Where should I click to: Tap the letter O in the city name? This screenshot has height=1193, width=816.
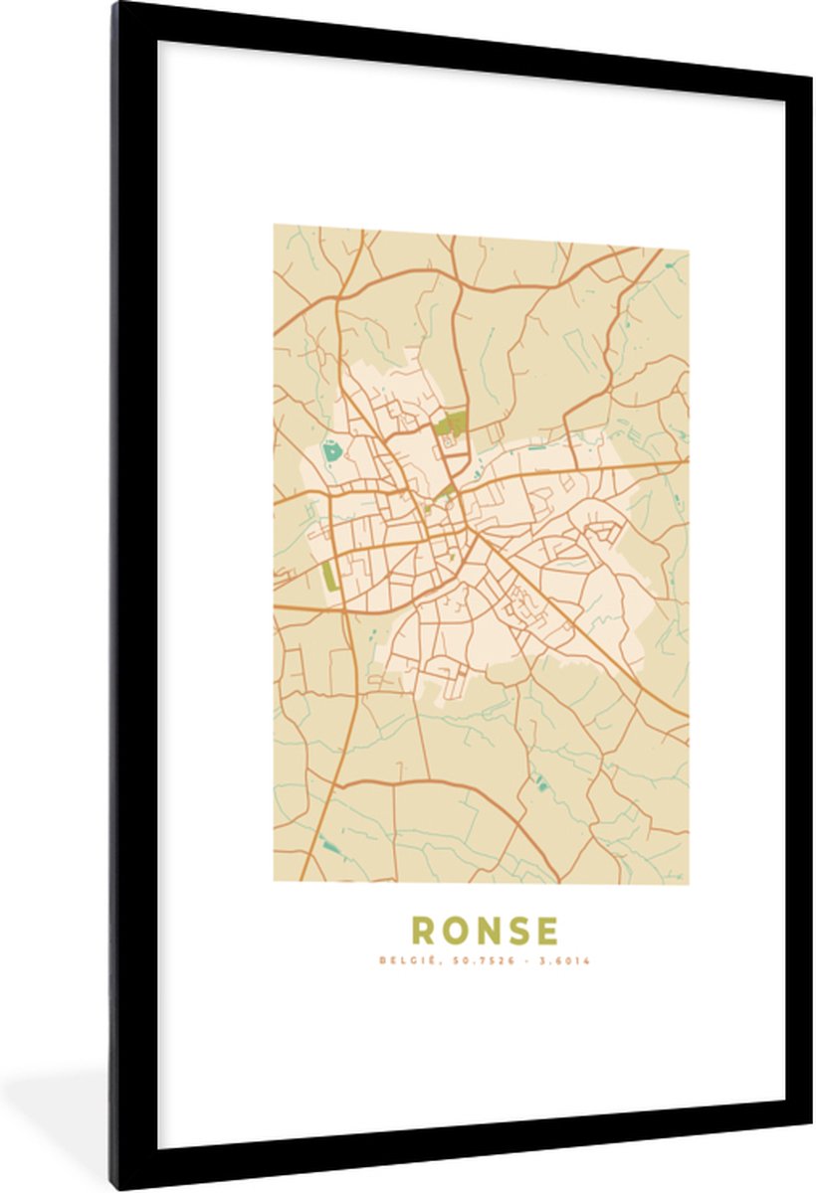point(455,931)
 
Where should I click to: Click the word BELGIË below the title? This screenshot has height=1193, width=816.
point(397,961)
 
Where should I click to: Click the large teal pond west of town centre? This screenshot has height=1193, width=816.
point(330,453)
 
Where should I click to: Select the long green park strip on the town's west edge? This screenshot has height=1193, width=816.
point(329,576)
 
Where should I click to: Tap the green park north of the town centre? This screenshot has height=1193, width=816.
point(451,425)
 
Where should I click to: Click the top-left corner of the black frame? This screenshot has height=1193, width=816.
point(113,4)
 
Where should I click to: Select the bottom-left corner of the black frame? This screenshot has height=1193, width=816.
point(113,1187)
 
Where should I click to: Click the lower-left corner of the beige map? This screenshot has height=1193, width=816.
point(275,881)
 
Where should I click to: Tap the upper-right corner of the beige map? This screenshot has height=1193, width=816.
point(688,250)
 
